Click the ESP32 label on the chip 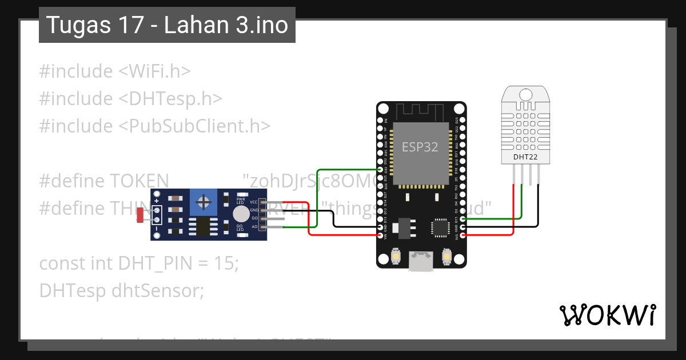tap(420, 147)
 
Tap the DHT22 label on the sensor tap(524, 156)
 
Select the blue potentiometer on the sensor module tap(203, 203)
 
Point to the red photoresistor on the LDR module tap(141, 215)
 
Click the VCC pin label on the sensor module tap(254, 202)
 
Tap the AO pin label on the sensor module tap(254, 227)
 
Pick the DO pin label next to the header tap(254, 219)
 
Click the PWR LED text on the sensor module tap(240, 201)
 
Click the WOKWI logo tap(607, 315)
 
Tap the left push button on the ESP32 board tap(395, 258)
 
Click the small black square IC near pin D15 tap(440, 227)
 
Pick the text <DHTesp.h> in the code tap(170, 98)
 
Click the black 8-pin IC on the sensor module tap(203, 227)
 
